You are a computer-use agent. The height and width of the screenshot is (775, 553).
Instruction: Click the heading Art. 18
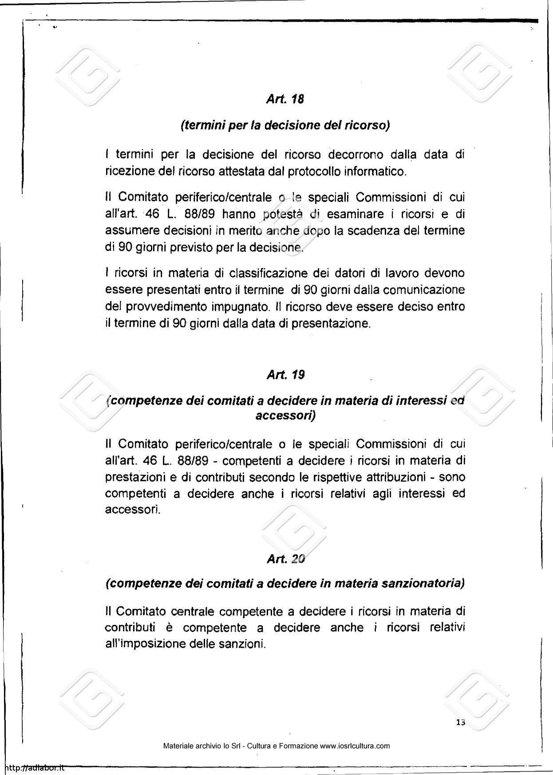pos(285,99)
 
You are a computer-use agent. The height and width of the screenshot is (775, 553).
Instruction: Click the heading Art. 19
pos(285,375)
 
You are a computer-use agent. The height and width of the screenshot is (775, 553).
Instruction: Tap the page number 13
pos(460,722)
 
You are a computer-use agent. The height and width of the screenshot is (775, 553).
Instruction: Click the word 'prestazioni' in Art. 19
pos(134,477)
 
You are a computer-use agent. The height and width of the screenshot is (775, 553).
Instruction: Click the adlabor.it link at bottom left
pos(33,768)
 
